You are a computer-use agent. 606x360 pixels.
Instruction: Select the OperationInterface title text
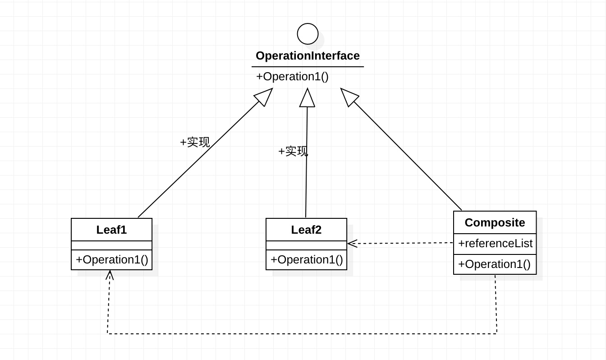pyautogui.click(x=308, y=56)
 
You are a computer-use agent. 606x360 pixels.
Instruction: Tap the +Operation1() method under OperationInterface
pyautogui.click(x=292, y=77)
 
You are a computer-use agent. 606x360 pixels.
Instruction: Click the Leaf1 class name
pyautogui.click(x=111, y=230)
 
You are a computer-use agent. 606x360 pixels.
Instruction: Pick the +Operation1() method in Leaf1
pyautogui.click(x=112, y=260)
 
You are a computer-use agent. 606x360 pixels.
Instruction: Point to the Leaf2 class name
pyautogui.click(x=306, y=230)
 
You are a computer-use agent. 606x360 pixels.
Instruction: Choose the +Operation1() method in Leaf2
pyautogui.click(x=307, y=260)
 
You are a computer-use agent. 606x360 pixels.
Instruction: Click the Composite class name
pyautogui.click(x=495, y=223)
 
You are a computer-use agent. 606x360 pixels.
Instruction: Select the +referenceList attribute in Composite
pyautogui.click(x=496, y=243)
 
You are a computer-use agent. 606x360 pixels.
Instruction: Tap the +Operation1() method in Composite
pyautogui.click(x=494, y=264)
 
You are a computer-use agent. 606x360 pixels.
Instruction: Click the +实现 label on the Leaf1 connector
pyautogui.click(x=195, y=142)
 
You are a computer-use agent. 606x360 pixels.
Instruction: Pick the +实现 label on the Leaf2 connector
pyautogui.click(x=293, y=151)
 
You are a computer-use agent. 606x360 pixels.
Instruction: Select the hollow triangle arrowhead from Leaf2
pyautogui.click(x=307, y=98)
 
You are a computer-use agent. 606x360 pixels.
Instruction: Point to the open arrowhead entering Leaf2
pyautogui.click(x=352, y=244)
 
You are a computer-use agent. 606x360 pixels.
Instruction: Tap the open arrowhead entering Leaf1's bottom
pyautogui.click(x=110, y=275)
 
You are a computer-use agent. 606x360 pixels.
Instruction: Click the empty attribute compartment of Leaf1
pyautogui.click(x=111, y=245)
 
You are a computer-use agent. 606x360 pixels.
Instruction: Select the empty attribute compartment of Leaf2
pyautogui.click(x=306, y=245)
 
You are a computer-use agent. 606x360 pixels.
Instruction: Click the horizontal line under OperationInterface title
pyautogui.click(x=308, y=67)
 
